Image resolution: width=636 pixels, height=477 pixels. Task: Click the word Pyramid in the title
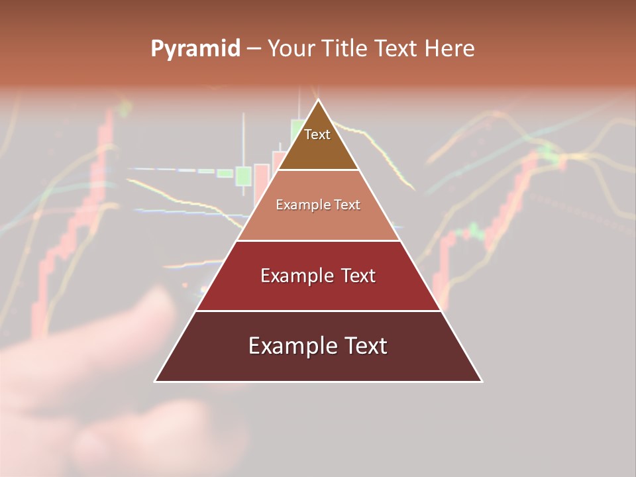(x=195, y=49)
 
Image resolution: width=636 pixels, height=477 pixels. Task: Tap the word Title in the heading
(x=348, y=49)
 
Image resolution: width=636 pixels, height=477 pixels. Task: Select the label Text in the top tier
(x=317, y=134)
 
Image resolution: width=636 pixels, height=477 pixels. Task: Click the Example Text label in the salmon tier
(x=318, y=205)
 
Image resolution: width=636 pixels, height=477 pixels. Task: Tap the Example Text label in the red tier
(x=318, y=276)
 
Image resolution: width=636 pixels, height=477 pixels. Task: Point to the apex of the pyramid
(x=319, y=100)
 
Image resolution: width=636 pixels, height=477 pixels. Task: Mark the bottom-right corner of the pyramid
(x=482, y=381)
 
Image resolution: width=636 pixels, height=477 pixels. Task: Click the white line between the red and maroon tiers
(x=318, y=311)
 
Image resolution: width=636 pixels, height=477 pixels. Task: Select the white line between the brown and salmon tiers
(x=318, y=170)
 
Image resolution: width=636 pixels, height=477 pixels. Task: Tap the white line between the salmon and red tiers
(x=318, y=240)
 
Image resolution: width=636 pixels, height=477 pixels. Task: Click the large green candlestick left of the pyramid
(x=243, y=176)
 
